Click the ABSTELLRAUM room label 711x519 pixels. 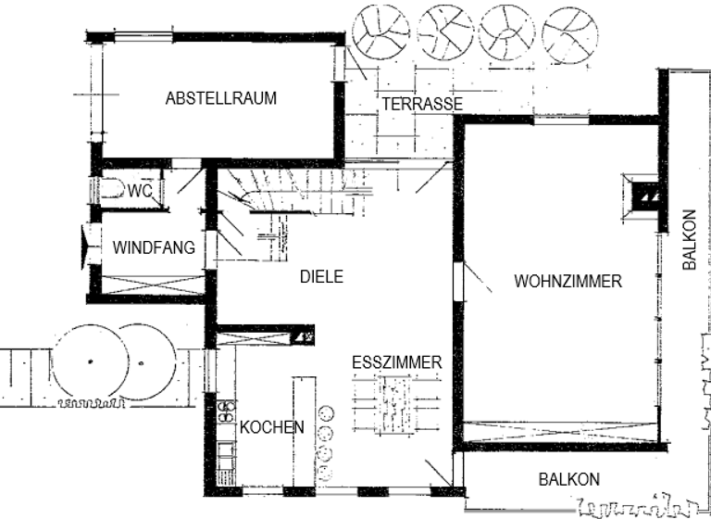(220, 97)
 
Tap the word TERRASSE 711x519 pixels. (421, 104)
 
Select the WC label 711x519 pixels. (140, 191)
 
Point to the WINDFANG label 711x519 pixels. (154, 247)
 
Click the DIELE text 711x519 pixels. (321, 275)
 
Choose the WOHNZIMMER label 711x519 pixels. (568, 282)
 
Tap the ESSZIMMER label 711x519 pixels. (396, 362)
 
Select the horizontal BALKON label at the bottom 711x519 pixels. (568, 479)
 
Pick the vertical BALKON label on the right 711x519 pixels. (689, 238)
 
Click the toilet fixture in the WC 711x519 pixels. (113, 190)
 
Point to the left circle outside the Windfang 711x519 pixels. (89, 360)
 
